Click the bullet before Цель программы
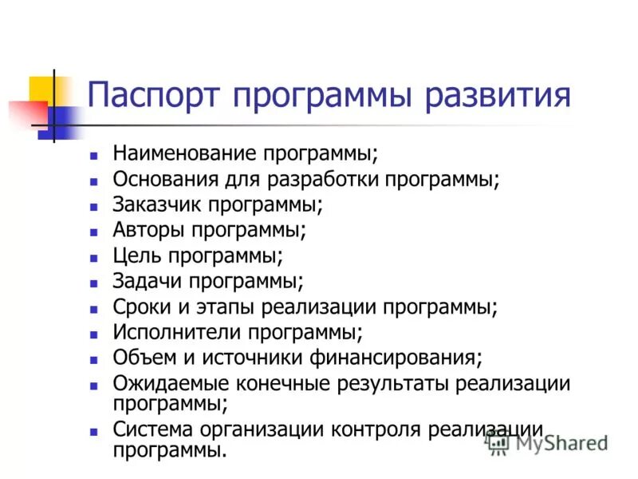(94, 257)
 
